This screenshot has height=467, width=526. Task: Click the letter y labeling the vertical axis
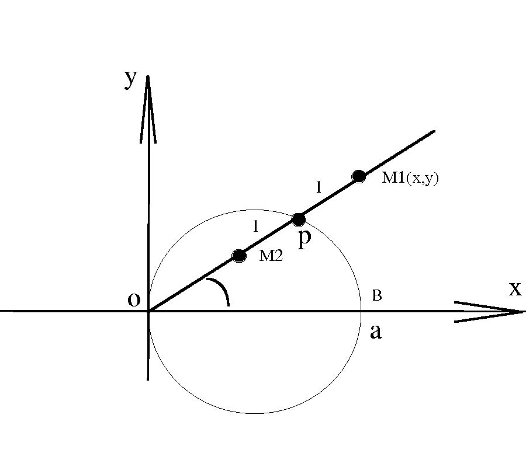[x=130, y=79]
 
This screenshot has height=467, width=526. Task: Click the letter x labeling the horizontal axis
[x=514, y=288]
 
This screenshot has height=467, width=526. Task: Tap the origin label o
[x=134, y=299]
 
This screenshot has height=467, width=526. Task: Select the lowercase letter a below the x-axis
[x=376, y=332]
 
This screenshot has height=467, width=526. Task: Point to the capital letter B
[x=377, y=296]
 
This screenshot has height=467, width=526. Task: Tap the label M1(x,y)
[x=410, y=178]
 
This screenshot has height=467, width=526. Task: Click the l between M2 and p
[x=255, y=227]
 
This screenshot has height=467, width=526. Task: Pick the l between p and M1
[x=318, y=187]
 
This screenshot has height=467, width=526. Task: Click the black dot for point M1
[x=359, y=176]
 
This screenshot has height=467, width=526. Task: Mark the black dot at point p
[x=299, y=219]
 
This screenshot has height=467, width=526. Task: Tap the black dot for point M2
[x=239, y=255]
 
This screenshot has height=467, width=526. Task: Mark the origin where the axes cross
[x=149, y=311]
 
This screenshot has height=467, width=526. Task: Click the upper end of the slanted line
[x=434, y=131]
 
